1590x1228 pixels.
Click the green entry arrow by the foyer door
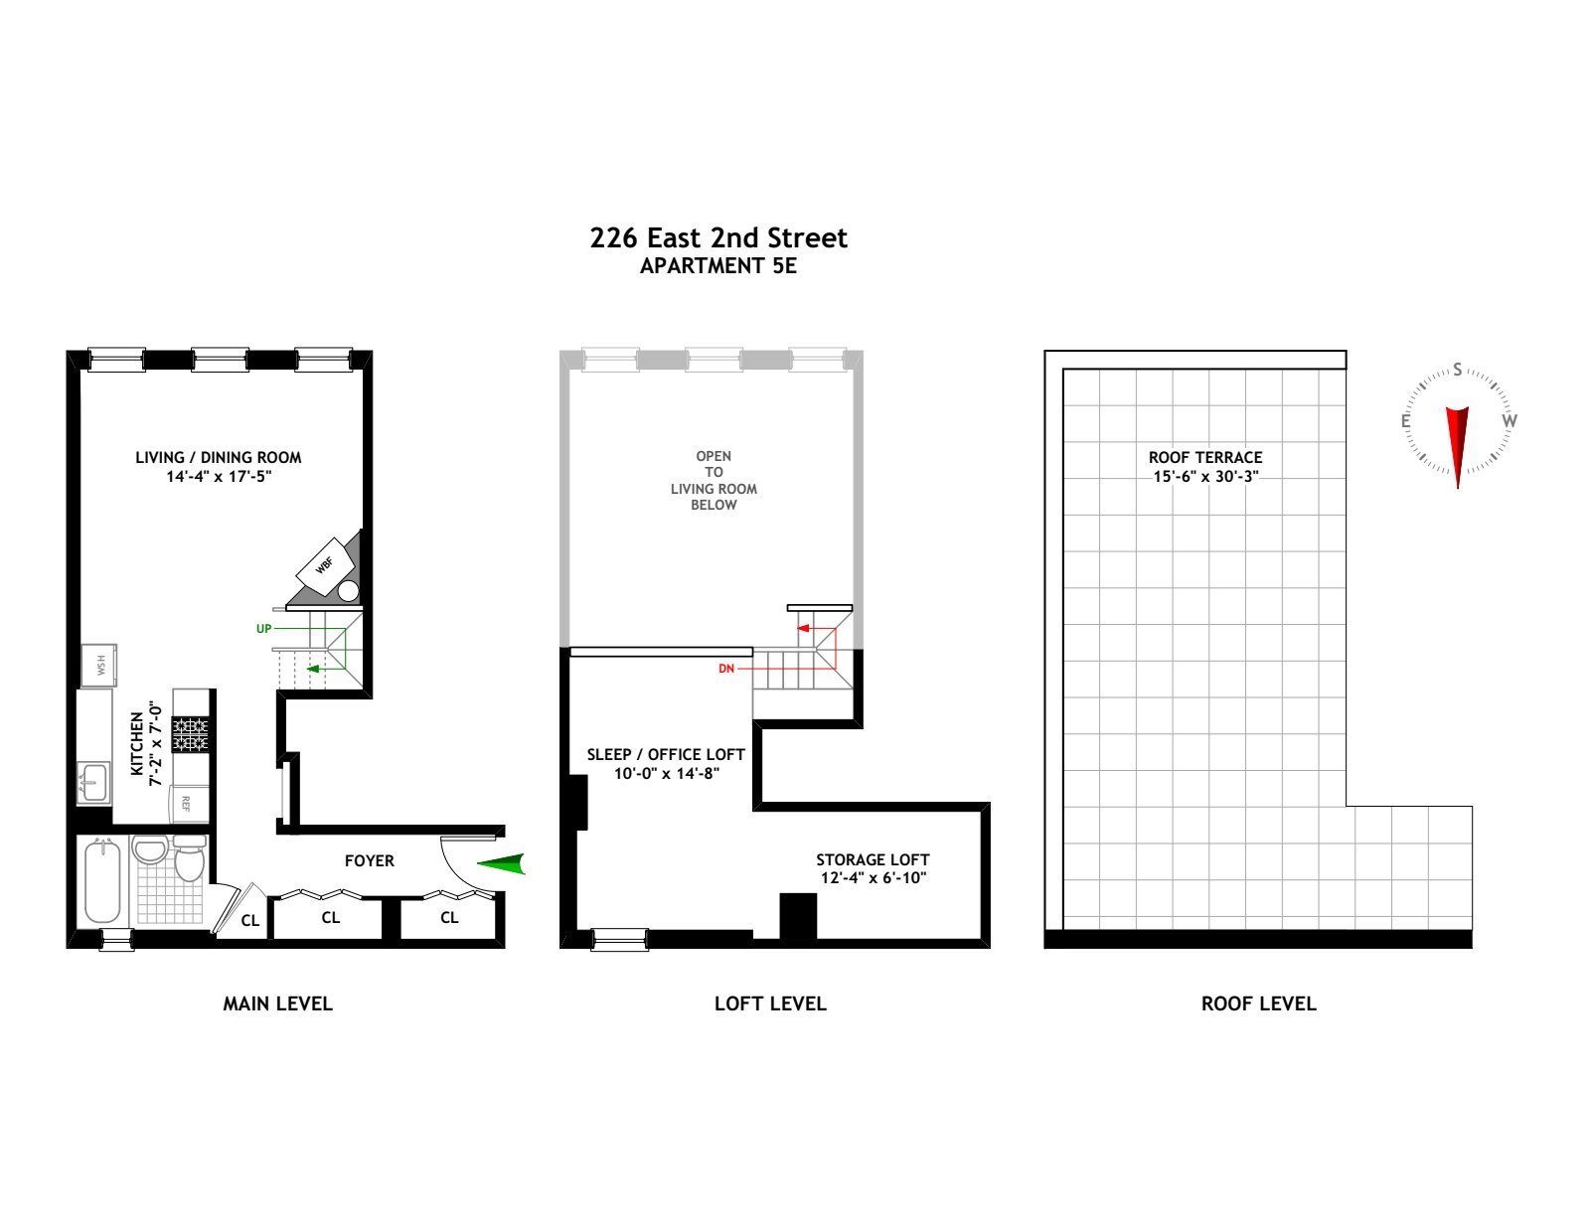point(503,864)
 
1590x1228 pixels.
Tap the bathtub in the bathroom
point(102,882)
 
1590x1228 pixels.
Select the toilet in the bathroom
point(189,859)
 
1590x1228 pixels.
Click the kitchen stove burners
point(191,734)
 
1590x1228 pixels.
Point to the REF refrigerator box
point(187,803)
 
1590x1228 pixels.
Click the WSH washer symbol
point(99,665)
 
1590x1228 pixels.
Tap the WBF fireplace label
point(325,564)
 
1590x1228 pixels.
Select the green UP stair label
point(263,629)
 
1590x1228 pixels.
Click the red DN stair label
point(726,669)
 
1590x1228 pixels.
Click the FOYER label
point(370,860)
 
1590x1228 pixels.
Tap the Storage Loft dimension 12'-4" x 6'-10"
point(873,878)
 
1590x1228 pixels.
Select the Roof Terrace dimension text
point(1205,477)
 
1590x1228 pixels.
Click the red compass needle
point(1457,443)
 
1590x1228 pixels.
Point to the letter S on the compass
point(1458,370)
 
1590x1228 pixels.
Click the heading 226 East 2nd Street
point(718,238)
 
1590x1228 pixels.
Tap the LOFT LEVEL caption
point(770,1003)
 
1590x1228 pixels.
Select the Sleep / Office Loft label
point(665,755)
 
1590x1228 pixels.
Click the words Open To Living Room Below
point(714,481)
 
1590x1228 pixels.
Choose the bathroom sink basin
point(150,851)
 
